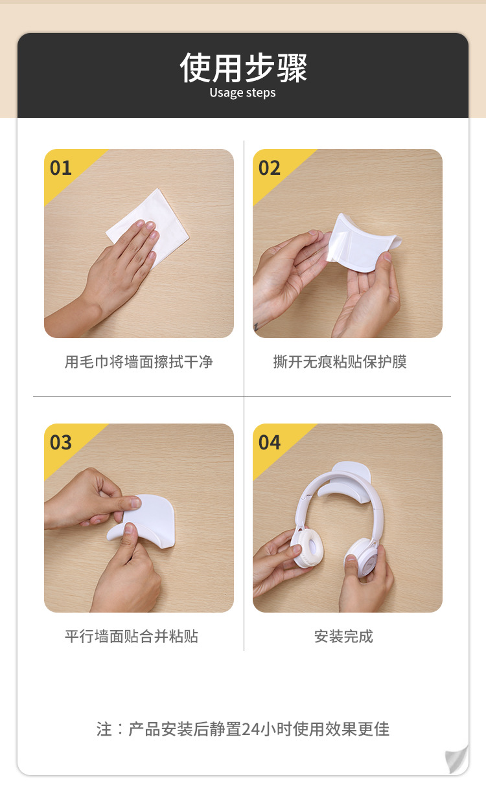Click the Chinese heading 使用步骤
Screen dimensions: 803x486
pos(243,67)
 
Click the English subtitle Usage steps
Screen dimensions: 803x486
pos(242,93)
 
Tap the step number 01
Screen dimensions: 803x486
pos(61,168)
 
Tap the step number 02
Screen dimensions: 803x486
pos(270,168)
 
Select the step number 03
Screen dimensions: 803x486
pos(61,443)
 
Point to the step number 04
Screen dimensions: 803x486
pos(270,443)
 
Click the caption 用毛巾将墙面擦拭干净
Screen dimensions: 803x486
pos(139,362)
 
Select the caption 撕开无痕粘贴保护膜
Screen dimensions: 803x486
pos(340,362)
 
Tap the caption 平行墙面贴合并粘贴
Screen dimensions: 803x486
pos(132,637)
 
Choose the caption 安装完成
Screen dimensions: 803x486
pos(343,637)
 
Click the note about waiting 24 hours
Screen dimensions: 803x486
pos(243,729)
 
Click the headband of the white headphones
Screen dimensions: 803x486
pos(337,482)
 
